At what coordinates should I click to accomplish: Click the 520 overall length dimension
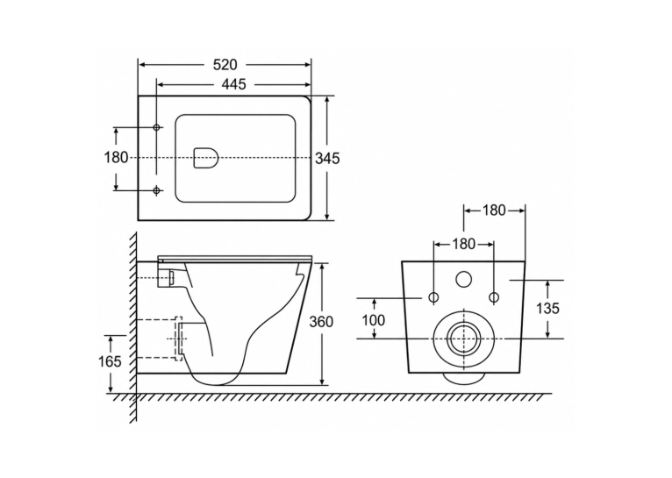pos(225,65)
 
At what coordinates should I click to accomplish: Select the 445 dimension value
pos(234,84)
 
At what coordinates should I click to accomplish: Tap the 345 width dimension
pos(327,159)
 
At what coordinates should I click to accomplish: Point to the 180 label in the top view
pos(116,158)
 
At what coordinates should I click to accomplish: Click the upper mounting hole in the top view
pos(156,127)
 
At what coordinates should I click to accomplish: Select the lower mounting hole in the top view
pos(156,190)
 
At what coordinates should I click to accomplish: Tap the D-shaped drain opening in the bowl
pos(206,158)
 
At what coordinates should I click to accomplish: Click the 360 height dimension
pos(321,321)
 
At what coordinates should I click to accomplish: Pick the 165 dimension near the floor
pos(111,362)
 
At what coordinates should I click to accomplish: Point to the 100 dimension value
pos(374,320)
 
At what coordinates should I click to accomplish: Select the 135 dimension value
pos(547,308)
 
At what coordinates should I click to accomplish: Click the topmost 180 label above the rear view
pos(495,210)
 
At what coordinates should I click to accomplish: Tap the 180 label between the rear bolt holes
pos(464,244)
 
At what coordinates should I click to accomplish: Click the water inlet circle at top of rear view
pos(463,279)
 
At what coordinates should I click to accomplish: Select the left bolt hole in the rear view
pos(433,297)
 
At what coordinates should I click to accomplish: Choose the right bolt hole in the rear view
pos(494,297)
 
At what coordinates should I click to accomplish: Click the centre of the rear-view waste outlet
pos(463,339)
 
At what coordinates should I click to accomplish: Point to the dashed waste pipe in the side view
pos(160,339)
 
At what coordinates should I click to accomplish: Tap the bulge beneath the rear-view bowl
pos(464,378)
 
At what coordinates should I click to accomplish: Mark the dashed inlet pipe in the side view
pos(155,278)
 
